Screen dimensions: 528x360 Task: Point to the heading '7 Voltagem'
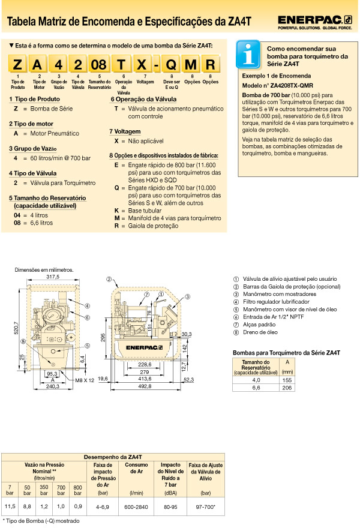[x=125, y=131]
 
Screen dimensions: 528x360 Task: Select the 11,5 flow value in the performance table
[x=10, y=506]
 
